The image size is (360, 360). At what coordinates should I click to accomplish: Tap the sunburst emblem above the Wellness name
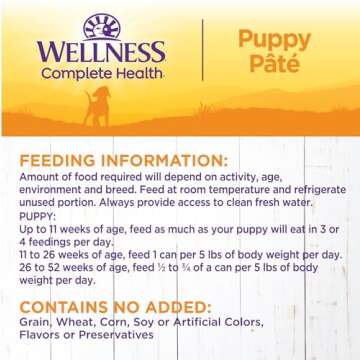[101, 26]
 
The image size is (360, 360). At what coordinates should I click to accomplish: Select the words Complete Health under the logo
[101, 72]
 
